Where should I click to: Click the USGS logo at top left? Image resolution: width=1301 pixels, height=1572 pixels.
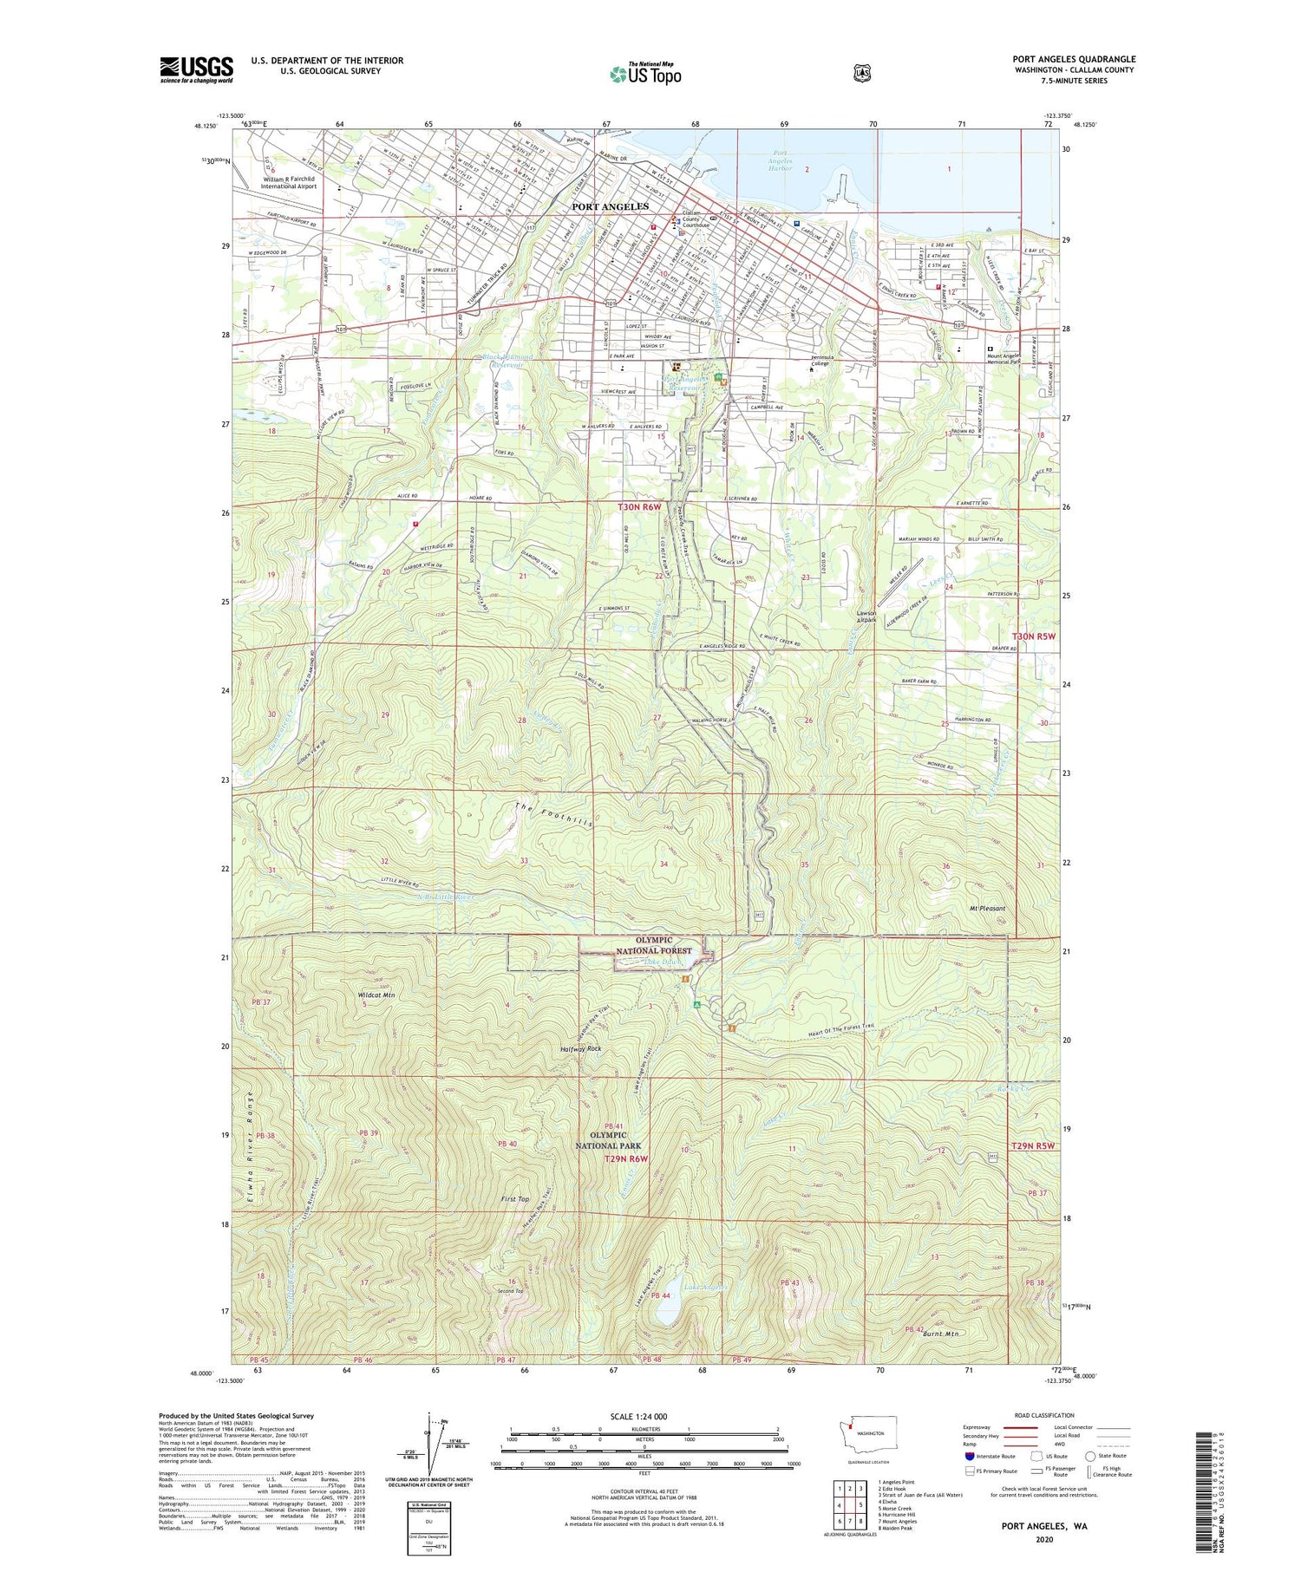[x=197, y=69]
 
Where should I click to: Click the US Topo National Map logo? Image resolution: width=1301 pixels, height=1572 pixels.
[x=645, y=74]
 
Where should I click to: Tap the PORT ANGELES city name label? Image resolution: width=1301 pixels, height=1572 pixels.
[x=610, y=206]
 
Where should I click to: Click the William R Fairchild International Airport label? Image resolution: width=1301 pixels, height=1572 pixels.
[x=291, y=183]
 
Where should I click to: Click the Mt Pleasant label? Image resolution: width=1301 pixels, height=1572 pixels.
[x=987, y=908]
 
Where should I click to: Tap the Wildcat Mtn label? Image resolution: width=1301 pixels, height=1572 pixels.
[x=376, y=995]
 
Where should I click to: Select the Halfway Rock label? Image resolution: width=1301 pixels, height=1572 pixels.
[x=580, y=1048]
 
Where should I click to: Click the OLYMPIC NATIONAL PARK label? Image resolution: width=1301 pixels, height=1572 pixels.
[x=608, y=1140]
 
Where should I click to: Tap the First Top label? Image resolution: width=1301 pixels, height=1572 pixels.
[x=515, y=1199]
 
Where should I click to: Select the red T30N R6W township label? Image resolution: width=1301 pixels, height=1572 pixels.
[x=640, y=506]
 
